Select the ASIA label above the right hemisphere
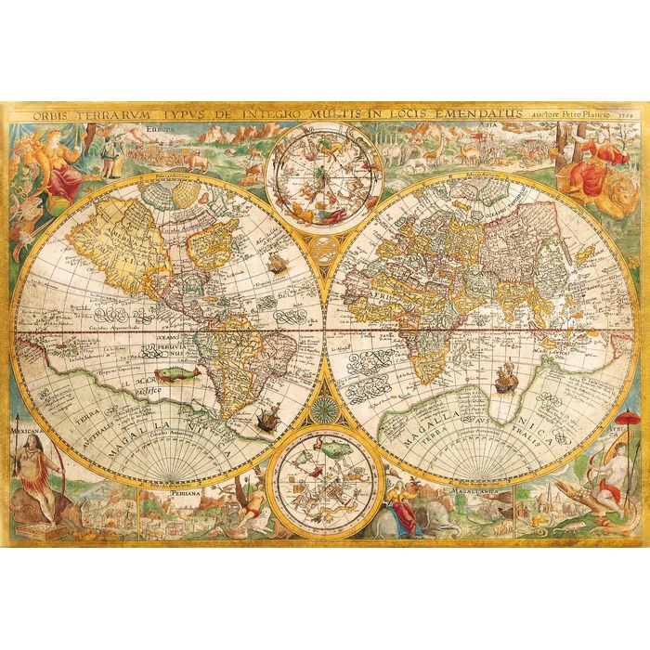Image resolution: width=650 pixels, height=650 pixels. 486,127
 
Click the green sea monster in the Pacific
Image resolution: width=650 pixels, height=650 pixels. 177,373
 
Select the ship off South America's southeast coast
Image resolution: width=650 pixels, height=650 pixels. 265,418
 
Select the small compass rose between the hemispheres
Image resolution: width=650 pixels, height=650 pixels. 324,409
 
